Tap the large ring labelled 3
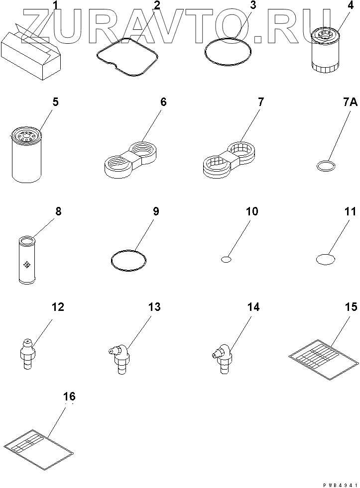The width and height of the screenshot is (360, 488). click(x=229, y=52)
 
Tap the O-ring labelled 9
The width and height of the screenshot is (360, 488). click(x=129, y=261)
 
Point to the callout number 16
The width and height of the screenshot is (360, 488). click(x=69, y=396)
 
